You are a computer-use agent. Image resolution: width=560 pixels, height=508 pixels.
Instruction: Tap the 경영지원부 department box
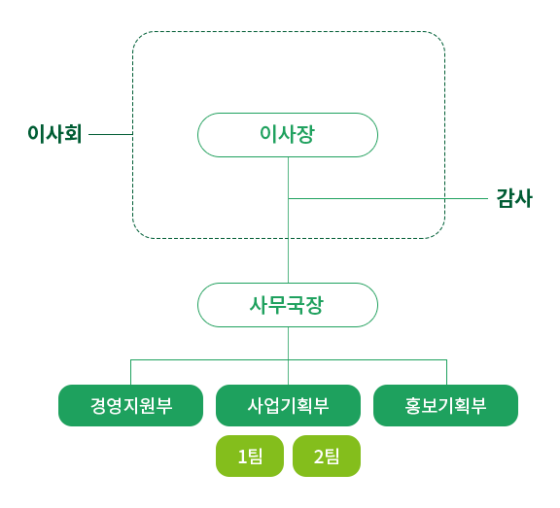click(130, 405)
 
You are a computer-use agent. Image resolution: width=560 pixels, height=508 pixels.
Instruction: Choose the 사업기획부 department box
click(288, 405)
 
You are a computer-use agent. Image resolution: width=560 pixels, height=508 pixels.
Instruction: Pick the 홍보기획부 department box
click(445, 405)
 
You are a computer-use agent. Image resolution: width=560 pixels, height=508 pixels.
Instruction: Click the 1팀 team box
click(250, 456)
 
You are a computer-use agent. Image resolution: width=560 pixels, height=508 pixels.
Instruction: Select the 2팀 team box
click(327, 456)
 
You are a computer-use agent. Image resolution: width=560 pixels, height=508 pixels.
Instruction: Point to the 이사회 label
click(54, 134)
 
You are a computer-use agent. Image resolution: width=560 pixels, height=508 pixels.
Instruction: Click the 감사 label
click(514, 198)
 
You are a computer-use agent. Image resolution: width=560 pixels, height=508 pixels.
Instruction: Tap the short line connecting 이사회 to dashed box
click(111, 134)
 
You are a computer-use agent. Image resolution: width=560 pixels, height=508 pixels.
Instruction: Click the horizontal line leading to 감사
click(388, 198)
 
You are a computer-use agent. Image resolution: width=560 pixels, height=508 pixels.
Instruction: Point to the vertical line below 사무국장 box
click(288, 356)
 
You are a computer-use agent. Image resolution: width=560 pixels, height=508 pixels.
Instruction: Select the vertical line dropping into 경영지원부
click(130, 372)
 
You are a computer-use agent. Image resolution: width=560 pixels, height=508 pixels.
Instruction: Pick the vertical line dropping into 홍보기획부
click(447, 372)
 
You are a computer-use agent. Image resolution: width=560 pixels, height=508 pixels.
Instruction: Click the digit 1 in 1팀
click(242, 457)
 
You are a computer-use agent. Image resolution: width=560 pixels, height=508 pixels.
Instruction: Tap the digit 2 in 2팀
click(319, 457)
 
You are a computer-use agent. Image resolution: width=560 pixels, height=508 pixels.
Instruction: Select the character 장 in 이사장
click(306, 134)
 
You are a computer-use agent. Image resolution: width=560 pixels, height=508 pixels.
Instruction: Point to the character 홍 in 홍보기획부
click(412, 406)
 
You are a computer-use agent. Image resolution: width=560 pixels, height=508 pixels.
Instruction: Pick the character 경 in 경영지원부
click(98, 406)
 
